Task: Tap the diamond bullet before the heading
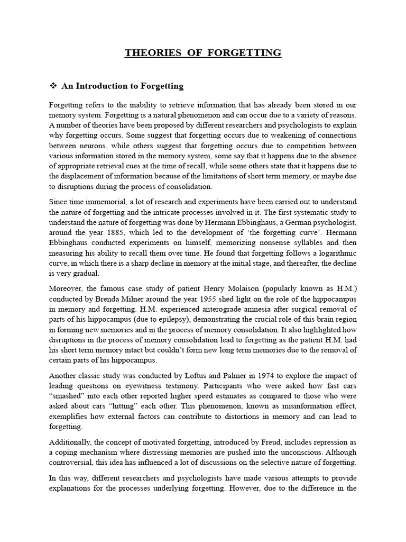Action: click(x=52, y=85)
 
